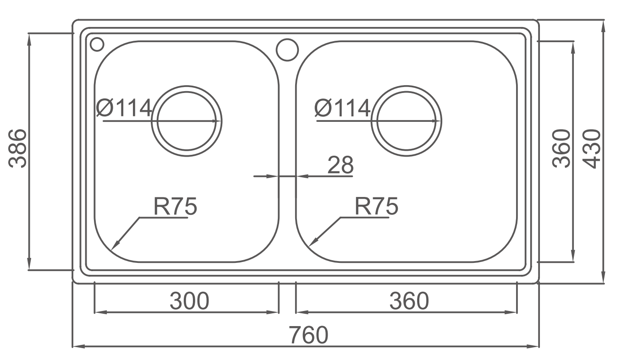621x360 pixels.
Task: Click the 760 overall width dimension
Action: [x=308, y=335]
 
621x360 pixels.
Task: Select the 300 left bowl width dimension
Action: [x=189, y=301]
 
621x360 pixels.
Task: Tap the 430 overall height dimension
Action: [x=591, y=149]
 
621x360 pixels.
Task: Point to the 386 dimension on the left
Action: [x=18, y=148]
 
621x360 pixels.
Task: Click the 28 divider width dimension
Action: [x=341, y=165]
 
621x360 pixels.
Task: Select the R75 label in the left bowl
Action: [x=175, y=206]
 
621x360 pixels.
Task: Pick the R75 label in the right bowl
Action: [x=376, y=206]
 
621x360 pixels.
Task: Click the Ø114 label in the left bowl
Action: [x=124, y=108]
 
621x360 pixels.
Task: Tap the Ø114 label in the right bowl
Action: [x=342, y=108]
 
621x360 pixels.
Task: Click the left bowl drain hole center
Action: [x=187, y=121]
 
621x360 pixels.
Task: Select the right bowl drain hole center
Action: [x=407, y=121]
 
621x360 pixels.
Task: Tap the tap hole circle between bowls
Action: [x=287, y=50]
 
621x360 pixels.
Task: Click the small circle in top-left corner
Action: [x=97, y=44]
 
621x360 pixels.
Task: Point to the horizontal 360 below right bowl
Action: [x=409, y=301]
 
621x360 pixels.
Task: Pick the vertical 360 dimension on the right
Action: [x=561, y=148]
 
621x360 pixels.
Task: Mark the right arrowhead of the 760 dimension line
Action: [x=533, y=346]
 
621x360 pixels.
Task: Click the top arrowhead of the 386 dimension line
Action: [x=29, y=39]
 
